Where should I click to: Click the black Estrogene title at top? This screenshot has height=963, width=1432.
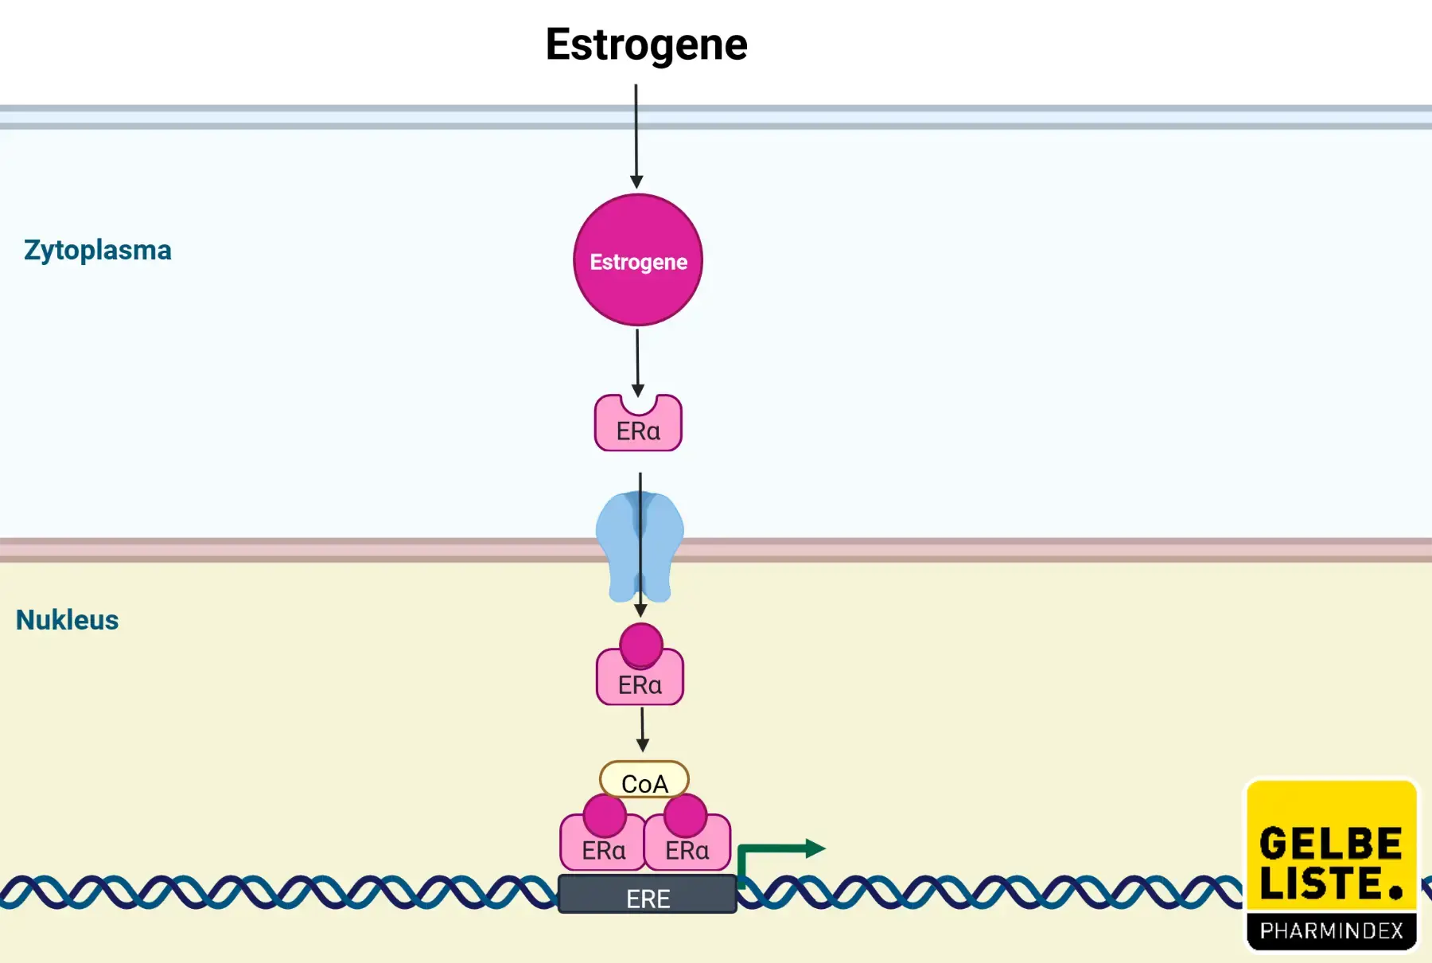[x=646, y=45]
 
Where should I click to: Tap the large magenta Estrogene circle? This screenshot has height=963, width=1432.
[x=638, y=260]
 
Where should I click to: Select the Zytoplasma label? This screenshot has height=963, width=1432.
[x=98, y=250]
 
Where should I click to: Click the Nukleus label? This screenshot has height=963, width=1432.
[x=67, y=620]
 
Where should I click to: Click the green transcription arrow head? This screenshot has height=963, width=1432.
[x=815, y=848]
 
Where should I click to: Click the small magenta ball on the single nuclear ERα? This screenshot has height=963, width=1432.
[x=641, y=645]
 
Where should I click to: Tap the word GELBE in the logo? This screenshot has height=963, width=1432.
[x=1331, y=844]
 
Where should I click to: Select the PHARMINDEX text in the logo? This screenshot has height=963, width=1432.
[x=1331, y=930]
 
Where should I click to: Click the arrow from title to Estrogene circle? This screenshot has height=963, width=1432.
[x=636, y=135]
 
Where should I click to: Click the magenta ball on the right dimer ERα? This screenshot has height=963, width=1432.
[x=685, y=815]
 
